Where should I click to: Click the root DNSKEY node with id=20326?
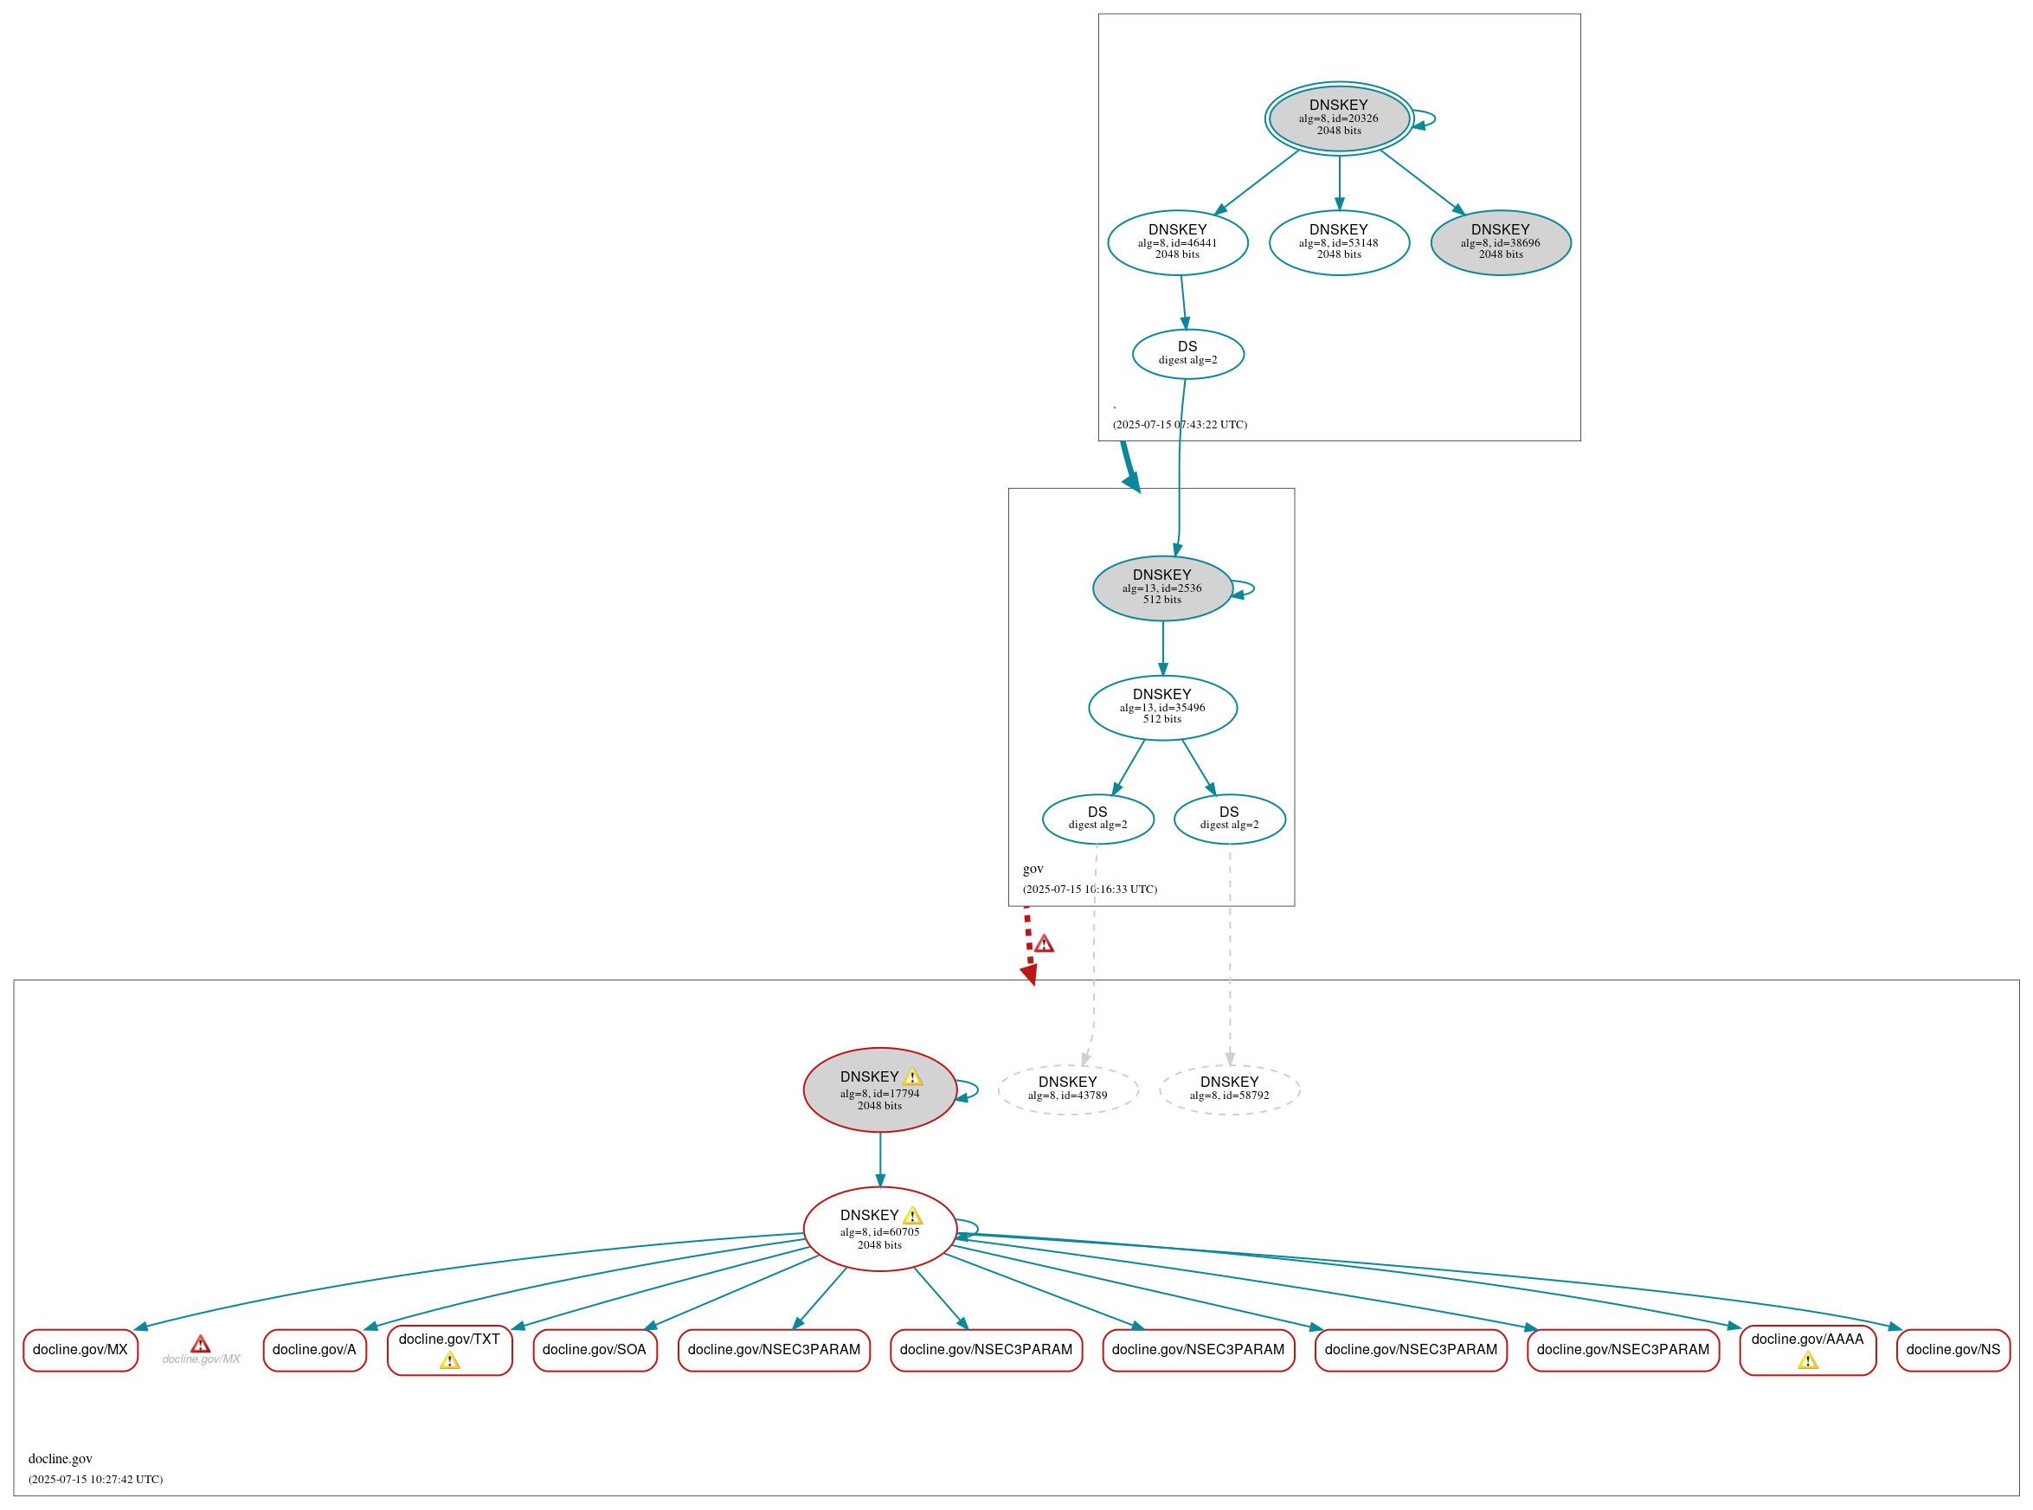(1338, 118)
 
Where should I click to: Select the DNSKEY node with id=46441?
(1177, 242)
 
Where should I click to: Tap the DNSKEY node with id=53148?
(1338, 242)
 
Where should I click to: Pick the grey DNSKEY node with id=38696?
(1500, 242)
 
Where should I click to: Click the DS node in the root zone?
(1187, 354)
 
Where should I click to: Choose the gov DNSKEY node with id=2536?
(1161, 588)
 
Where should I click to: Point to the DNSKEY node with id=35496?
(1161, 708)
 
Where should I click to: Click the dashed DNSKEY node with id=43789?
(1068, 1089)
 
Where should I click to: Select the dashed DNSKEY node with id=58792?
(1230, 1089)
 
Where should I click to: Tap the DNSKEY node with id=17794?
(879, 1089)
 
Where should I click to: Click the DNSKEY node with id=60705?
(879, 1229)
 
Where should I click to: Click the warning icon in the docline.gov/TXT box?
(450, 1361)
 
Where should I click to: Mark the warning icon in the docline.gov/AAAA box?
(1807, 1361)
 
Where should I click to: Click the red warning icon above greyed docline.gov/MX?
(200, 1344)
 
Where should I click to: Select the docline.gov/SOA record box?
(595, 1350)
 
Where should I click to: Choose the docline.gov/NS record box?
(1953, 1350)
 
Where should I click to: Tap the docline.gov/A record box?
(314, 1350)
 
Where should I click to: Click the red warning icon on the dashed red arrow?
(1044, 944)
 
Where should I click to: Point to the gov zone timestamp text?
(1090, 890)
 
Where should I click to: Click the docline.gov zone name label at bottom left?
(61, 1459)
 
